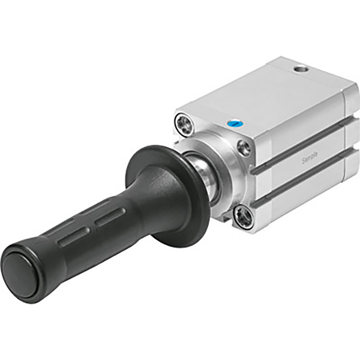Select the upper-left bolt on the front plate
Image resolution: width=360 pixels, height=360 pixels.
click(182, 125)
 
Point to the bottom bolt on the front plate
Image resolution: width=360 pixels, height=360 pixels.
click(243, 217)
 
